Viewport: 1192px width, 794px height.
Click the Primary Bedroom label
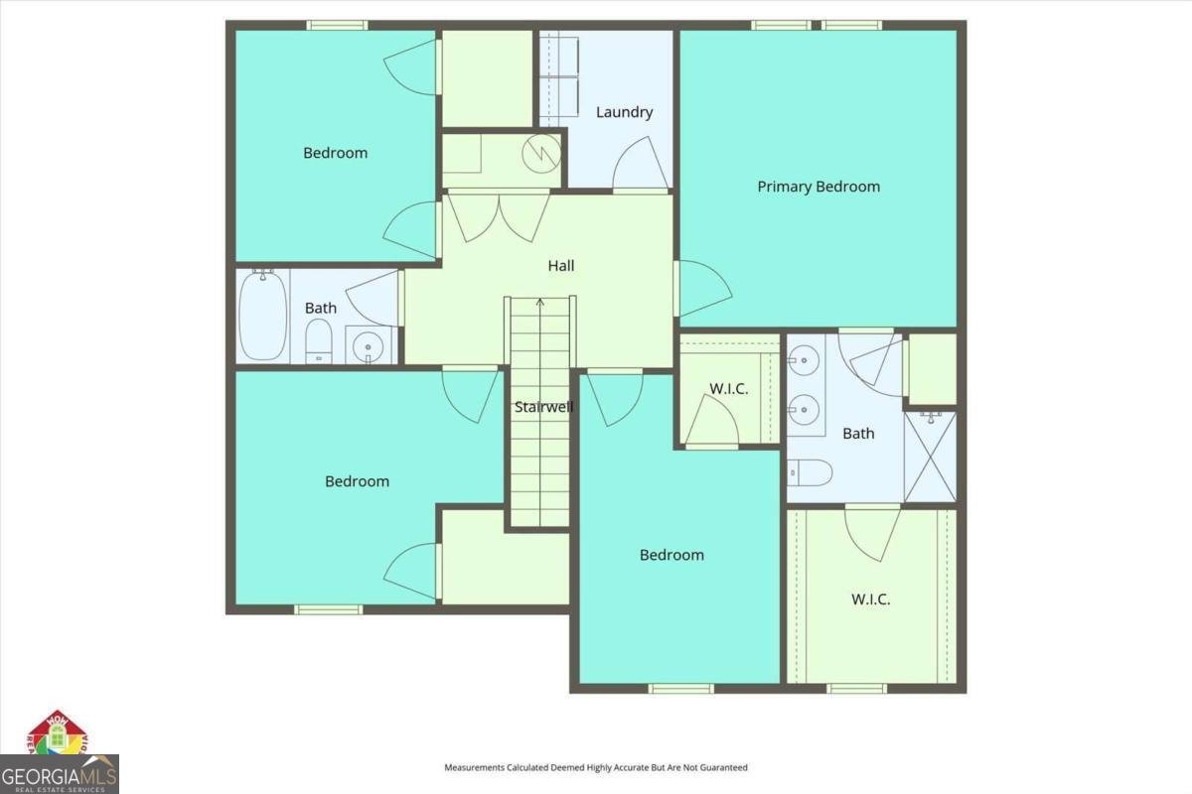point(819,187)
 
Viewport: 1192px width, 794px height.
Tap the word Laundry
point(624,112)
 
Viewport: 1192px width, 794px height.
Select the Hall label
point(561,266)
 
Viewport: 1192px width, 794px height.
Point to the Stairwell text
point(543,407)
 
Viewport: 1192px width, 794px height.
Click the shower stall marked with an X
point(930,457)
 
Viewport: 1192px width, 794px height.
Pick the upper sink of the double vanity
point(805,357)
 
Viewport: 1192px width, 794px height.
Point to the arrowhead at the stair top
point(540,302)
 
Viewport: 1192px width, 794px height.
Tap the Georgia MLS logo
point(60,772)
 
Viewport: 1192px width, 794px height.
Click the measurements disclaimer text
point(595,767)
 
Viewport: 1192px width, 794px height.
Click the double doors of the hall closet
point(497,215)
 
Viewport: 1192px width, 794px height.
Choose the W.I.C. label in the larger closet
point(870,599)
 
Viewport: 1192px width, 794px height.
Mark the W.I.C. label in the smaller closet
point(728,388)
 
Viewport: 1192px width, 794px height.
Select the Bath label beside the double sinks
point(858,433)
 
